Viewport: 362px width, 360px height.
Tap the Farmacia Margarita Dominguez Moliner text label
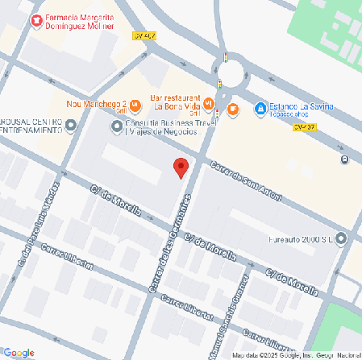[x=82, y=22]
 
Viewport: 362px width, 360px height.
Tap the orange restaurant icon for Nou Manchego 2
[x=135, y=104]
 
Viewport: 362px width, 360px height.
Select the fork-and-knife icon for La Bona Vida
[x=209, y=103]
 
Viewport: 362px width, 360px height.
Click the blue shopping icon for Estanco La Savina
[x=260, y=108]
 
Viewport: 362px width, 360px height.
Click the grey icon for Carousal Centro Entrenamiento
[x=71, y=125]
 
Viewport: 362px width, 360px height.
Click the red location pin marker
[x=181, y=168]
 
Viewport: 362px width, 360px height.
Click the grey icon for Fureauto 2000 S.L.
[x=340, y=238]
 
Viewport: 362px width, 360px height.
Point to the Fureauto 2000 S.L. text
[x=299, y=238]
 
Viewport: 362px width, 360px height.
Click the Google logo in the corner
[x=19, y=352]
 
